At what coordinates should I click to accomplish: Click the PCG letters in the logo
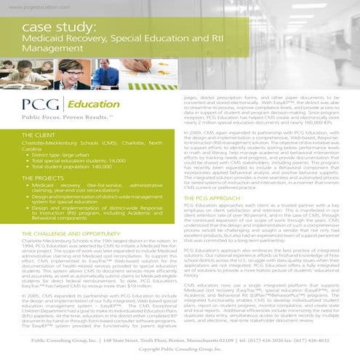pos(39,102)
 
